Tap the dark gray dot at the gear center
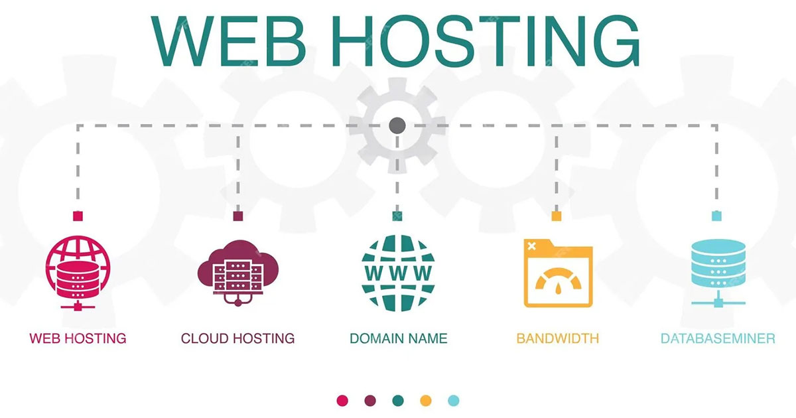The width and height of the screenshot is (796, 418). (x=397, y=124)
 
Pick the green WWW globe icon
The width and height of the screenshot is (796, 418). (x=397, y=273)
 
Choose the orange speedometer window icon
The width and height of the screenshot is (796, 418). (x=557, y=273)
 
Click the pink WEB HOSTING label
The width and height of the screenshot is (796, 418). (x=78, y=338)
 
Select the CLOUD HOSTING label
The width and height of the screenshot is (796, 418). (x=237, y=338)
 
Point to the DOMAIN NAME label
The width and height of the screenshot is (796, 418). (x=398, y=338)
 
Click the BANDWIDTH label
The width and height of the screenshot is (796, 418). (x=557, y=338)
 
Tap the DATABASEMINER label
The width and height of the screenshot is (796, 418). (x=718, y=338)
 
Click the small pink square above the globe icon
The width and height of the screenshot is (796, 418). (x=78, y=216)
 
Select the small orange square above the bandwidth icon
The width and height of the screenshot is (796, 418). (x=557, y=216)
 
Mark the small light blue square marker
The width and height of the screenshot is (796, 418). (x=716, y=216)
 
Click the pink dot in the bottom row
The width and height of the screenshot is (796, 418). (x=342, y=400)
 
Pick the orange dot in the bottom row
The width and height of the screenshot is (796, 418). (x=426, y=400)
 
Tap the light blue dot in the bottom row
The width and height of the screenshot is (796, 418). (x=454, y=400)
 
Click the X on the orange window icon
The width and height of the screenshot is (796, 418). (x=531, y=246)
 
